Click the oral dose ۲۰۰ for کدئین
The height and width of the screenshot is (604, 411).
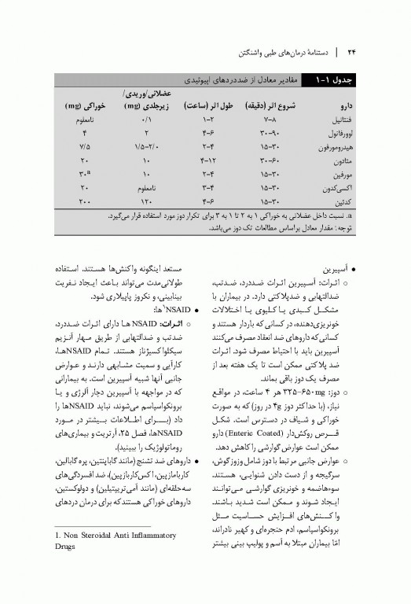coord(86,202)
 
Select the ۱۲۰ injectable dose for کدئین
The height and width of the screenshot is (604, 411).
coord(146,202)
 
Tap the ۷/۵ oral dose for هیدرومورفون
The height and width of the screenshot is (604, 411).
coord(85,146)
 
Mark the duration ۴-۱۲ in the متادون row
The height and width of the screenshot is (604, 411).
coord(208,160)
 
